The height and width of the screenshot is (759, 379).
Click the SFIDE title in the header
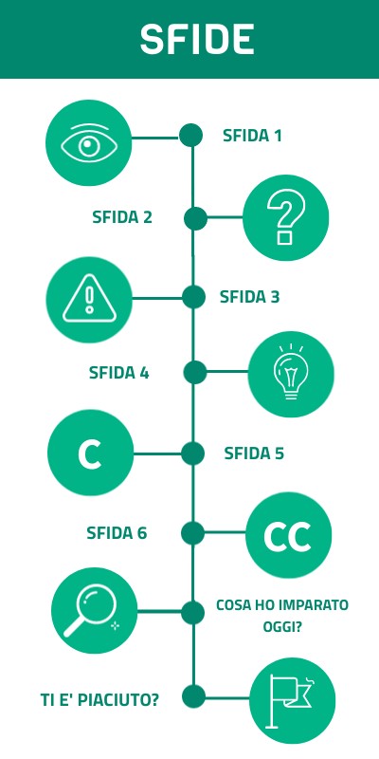point(197,39)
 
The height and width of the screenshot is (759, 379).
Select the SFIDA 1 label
point(252,136)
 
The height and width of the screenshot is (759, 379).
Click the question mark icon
point(286,218)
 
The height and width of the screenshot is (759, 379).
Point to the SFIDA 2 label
point(122,217)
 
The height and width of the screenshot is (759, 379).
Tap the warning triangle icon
point(89,299)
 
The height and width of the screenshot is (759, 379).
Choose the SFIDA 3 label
point(249,297)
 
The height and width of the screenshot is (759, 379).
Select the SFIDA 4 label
point(119,373)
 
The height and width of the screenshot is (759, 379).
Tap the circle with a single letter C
point(90,453)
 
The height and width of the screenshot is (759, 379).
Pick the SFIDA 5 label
point(254,454)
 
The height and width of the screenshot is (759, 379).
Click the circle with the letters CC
point(289,535)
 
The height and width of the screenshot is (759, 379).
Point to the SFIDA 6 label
point(117,533)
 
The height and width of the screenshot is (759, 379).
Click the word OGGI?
point(282,628)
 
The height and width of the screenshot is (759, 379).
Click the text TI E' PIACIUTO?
point(99,700)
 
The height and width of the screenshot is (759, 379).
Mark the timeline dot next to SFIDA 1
point(191,135)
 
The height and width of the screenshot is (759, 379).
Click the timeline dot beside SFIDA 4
point(195,372)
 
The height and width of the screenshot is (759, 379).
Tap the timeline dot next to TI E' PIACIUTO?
point(194,697)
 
